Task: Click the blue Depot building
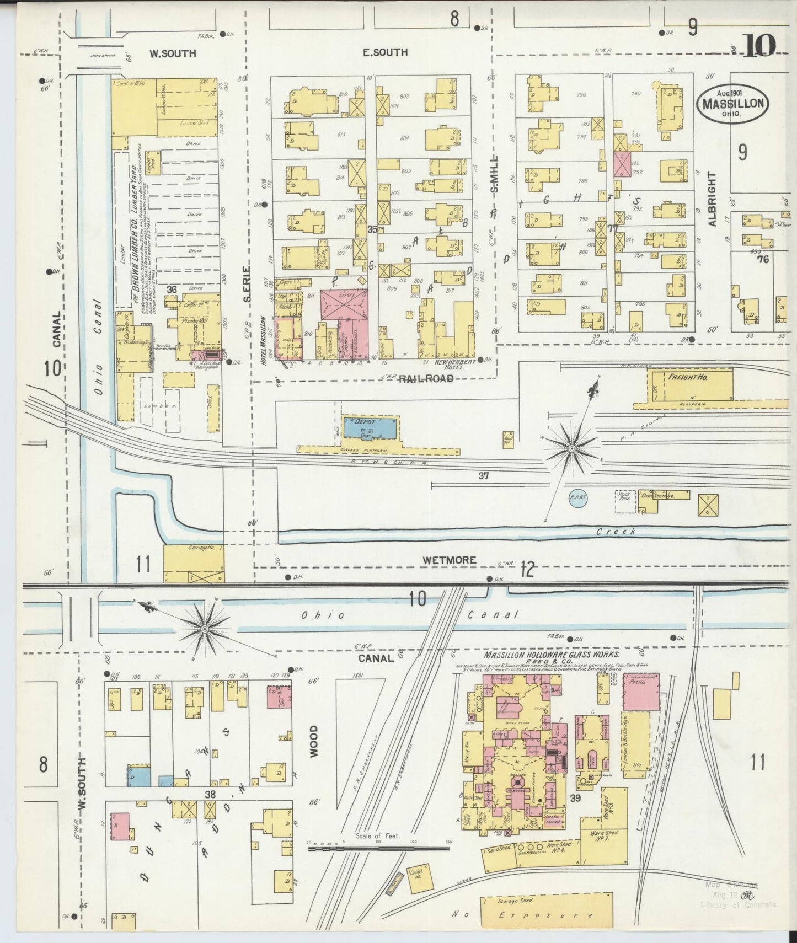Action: (x=370, y=428)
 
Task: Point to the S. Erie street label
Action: (x=248, y=285)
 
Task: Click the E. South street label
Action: (x=385, y=52)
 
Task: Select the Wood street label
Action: (x=313, y=741)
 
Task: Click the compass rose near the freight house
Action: (x=573, y=449)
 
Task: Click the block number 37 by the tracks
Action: (x=483, y=475)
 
